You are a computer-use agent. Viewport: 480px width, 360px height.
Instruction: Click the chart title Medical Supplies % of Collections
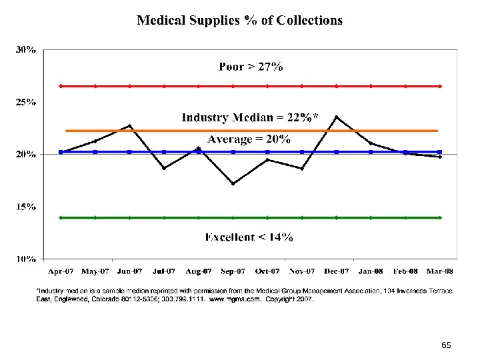click(x=240, y=20)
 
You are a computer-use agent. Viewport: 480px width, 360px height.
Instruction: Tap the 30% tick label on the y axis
click(x=26, y=50)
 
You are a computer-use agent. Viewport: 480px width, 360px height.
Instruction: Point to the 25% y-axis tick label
click(x=26, y=103)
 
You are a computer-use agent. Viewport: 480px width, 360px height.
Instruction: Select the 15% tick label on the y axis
click(x=26, y=207)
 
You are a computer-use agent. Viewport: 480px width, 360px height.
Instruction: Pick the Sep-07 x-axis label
click(x=233, y=271)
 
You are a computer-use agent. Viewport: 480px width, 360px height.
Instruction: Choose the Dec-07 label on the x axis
click(x=336, y=271)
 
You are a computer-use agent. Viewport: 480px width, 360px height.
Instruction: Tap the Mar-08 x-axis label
click(x=439, y=271)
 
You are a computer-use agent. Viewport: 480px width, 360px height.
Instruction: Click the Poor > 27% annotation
click(x=251, y=66)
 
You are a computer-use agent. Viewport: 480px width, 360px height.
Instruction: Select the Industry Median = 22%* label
click(x=250, y=117)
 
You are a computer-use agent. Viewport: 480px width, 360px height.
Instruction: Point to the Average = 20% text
click(x=249, y=139)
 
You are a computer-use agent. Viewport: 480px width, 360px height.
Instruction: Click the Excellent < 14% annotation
click(x=249, y=237)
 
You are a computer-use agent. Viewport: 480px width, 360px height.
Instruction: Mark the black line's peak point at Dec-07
click(x=336, y=117)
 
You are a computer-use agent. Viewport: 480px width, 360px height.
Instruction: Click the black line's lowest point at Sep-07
click(x=233, y=183)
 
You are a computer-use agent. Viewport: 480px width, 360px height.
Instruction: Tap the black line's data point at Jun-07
click(x=130, y=125)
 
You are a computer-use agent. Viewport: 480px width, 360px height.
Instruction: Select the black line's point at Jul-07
click(x=164, y=168)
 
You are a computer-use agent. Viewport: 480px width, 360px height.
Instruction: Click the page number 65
click(x=446, y=345)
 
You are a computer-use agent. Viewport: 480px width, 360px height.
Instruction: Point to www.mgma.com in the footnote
click(x=229, y=300)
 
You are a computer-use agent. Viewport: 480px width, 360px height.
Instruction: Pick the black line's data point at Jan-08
click(x=371, y=143)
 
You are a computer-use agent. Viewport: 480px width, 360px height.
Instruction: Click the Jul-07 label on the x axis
click(x=164, y=271)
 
